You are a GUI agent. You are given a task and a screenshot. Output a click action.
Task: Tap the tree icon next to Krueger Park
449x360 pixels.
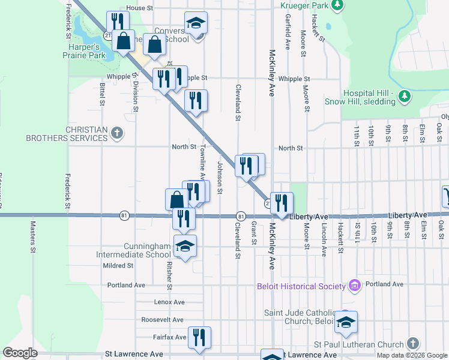tap(337, 5)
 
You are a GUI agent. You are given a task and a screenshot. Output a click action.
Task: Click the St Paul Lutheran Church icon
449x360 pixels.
tap(412, 343)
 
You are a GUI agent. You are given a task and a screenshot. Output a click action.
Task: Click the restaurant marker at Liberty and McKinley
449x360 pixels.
tap(282, 203)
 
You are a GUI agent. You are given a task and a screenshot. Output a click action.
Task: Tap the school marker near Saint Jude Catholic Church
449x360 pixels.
tap(346, 322)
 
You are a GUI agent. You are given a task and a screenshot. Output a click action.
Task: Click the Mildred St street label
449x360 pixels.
tap(118, 265)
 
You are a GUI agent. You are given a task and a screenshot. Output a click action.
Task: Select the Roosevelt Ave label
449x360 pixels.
tap(162, 320)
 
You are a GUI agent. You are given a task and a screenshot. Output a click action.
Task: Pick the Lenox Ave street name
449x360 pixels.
tap(169, 302)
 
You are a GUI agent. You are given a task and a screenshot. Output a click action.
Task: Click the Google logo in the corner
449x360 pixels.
tap(20, 353)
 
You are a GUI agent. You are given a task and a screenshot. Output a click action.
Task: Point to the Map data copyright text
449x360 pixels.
tap(411, 355)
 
